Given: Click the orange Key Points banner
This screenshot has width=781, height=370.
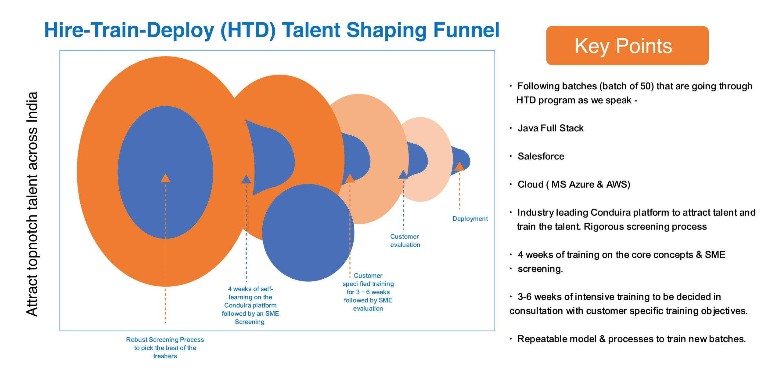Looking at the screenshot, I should pos(627,46).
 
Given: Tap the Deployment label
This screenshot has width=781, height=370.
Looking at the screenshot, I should pos(470,219).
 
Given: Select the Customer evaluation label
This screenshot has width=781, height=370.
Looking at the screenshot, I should pos(405,240).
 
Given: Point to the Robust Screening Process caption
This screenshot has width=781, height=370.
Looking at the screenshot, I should pos(165,348).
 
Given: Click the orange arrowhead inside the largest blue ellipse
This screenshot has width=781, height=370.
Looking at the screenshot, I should pos(165,178).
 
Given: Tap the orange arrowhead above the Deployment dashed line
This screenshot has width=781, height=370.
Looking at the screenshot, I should pos(459,167).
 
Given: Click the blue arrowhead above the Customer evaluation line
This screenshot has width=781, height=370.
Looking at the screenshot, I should pos(403,175).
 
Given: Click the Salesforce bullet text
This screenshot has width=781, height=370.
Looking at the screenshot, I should pos(541,156).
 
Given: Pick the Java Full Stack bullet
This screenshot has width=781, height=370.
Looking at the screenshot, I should pos(550,128).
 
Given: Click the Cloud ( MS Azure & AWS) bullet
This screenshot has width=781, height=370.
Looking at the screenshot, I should pos(574,185).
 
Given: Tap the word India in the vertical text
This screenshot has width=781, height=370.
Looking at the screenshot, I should pos(32,107).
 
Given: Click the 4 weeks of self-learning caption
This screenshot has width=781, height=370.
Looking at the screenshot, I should pos(250,305).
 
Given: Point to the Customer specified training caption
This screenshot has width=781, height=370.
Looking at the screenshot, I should pos(368,292).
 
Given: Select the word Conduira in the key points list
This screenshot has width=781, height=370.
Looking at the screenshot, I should pos(609,213).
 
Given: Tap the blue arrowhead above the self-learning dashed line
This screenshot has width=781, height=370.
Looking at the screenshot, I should pos(246,179).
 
